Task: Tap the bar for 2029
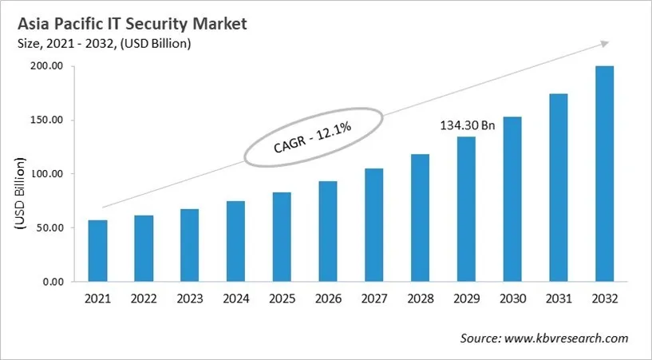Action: [x=466, y=209]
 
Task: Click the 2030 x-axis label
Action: [x=512, y=299]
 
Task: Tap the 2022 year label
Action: [x=144, y=299]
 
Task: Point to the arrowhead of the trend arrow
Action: [x=607, y=42]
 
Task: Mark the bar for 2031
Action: [x=559, y=188]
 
